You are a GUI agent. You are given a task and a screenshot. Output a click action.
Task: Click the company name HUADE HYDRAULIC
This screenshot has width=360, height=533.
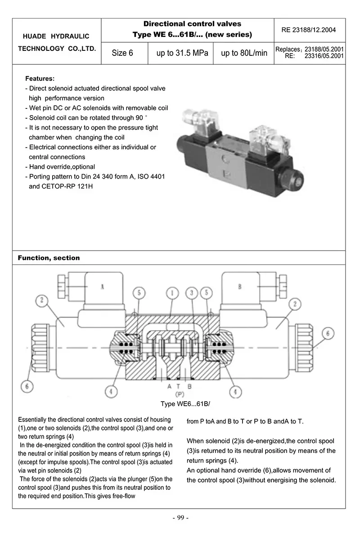57,36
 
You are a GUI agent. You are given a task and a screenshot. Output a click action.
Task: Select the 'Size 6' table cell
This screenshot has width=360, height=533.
122,53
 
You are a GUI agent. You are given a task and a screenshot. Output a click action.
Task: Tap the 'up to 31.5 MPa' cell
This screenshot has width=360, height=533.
182,53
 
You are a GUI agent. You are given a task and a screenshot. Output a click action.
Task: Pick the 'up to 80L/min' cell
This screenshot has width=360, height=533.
244,53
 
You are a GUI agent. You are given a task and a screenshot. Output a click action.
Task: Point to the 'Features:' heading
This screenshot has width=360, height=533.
40,78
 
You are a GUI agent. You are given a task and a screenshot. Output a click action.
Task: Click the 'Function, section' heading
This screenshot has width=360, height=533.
49,258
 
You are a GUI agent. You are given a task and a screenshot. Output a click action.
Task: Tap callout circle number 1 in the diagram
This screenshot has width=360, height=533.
172,293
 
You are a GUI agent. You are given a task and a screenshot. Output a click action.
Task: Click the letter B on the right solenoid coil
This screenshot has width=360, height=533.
240,287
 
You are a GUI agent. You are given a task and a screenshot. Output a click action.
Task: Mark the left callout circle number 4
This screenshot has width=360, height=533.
112,391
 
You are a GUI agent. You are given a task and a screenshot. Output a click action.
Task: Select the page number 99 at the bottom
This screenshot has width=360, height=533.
180,518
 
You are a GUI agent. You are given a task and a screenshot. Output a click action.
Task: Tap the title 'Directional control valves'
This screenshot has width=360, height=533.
192,24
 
